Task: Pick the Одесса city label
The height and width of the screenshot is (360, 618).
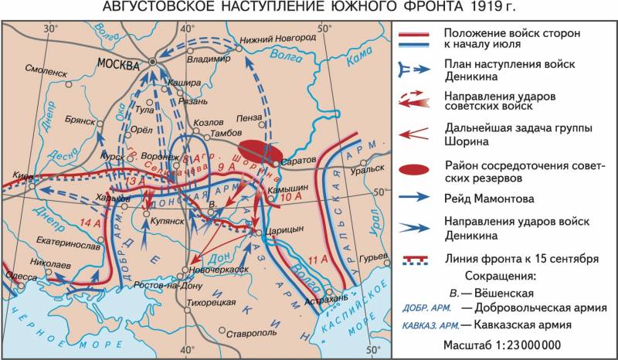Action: coord(21,276)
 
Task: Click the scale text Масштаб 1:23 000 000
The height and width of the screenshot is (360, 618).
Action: coord(502,345)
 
